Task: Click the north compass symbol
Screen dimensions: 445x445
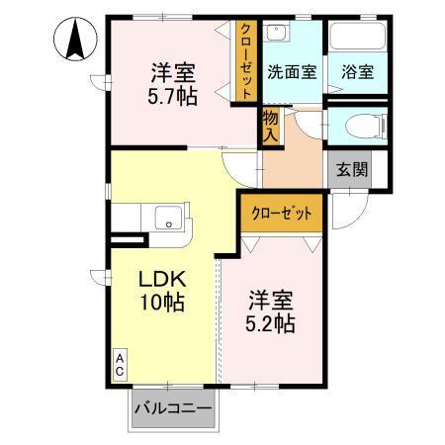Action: tap(74, 41)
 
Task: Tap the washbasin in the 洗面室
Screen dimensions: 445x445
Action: tap(279, 32)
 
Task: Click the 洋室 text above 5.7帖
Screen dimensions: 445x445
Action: tap(172, 73)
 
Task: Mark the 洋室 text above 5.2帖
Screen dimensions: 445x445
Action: tap(271, 298)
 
